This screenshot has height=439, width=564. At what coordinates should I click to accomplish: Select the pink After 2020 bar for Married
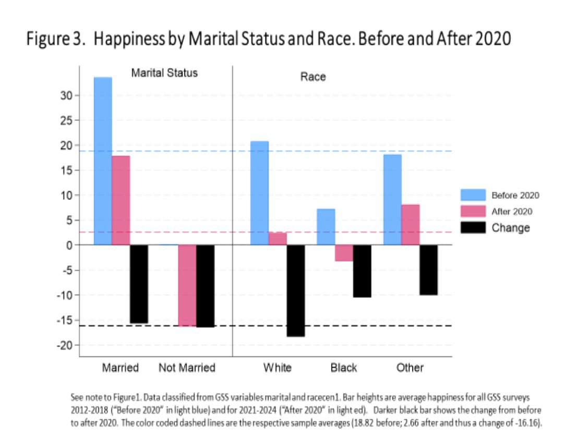[x=121, y=200]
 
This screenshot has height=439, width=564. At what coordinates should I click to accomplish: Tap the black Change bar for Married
[x=139, y=284]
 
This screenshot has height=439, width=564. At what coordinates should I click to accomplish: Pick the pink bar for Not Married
[x=187, y=285]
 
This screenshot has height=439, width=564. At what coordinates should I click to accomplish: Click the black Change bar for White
[x=296, y=290]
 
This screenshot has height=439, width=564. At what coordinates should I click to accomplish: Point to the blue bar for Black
[x=326, y=227]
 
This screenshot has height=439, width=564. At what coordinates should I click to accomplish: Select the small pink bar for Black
[x=344, y=253]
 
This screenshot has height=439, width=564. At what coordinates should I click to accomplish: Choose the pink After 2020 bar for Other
[x=411, y=224]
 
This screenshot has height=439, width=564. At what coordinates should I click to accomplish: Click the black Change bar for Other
[x=428, y=270]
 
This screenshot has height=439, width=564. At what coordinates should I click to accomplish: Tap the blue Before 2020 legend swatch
[x=473, y=195]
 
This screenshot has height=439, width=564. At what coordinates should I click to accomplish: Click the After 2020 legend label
[x=512, y=212]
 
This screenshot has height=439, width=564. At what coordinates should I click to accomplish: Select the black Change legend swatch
[x=473, y=228]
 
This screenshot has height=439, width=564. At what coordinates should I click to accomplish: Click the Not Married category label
[x=187, y=368]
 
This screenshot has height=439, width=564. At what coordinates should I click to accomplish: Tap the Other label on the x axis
[x=410, y=368]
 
